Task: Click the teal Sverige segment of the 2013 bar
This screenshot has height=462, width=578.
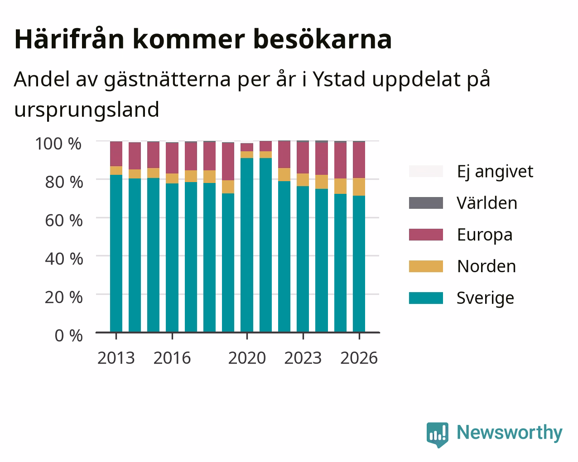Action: coord(116,253)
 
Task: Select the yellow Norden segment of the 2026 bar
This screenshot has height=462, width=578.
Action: coord(359,187)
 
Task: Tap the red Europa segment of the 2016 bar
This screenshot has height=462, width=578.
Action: coord(172,158)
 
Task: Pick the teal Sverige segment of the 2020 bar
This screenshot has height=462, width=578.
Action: coord(247,245)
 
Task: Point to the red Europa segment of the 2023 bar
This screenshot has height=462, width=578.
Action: coord(303,158)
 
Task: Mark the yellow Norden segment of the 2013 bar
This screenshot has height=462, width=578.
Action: coord(116,171)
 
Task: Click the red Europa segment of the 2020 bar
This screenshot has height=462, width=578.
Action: coord(247,147)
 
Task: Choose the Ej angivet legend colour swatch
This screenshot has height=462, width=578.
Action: coord(426,171)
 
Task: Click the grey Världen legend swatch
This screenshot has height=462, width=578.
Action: coord(426,203)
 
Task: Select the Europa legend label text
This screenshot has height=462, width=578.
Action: coord(485,235)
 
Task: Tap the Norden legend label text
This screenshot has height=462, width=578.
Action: coord(486,266)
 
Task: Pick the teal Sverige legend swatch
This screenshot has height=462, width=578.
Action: coord(426,298)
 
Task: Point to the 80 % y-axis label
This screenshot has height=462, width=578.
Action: coord(64,182)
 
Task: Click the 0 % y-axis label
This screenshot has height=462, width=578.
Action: coord(68,336)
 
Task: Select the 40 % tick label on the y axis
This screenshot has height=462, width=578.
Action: coord(64,259)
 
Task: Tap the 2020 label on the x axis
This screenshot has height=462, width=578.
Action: coord(247,358)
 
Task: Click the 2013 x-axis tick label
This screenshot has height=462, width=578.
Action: coord(116,358)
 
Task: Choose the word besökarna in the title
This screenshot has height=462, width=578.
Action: coord(323,39)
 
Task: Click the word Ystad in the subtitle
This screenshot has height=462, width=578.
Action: coord(339,79)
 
